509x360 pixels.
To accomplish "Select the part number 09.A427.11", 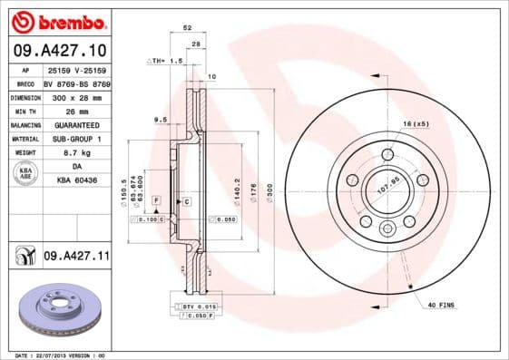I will (76, 257).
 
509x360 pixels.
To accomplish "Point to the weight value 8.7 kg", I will (76, 153).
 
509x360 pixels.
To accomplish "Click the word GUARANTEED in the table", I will (76, 124).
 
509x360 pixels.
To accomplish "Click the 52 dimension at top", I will (187, 29).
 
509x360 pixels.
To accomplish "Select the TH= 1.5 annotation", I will (167, 60).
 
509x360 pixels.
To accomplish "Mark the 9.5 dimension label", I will (160, 120).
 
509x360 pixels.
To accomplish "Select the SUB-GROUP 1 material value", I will (76, 139).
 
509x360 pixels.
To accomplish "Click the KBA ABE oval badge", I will (25, 174).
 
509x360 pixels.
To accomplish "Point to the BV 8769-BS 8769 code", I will (76, 82).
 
